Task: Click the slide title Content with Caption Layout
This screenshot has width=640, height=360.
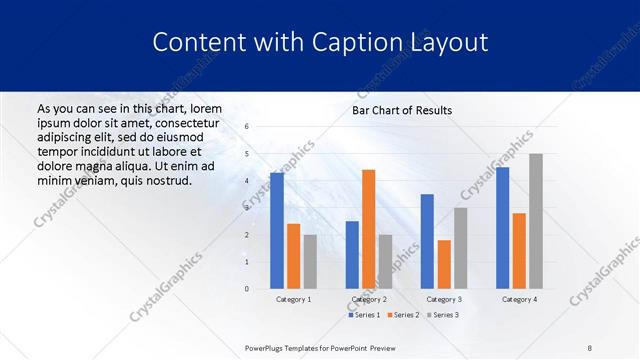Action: click(x=320, y=43)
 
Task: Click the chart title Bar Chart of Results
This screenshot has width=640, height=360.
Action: click(x=402, y=110)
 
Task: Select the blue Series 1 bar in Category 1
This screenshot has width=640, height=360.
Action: click(x=277, y=231)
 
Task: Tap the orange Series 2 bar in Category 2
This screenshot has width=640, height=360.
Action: click(x=368, y=229)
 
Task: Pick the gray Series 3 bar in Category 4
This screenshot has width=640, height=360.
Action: click(x=535, y=221)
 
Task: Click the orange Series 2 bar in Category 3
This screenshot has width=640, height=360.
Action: click(x=444, y=264)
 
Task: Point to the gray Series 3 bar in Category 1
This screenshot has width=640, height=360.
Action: click(x=310, y=261)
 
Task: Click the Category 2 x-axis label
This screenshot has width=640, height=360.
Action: click(x=368, y=299)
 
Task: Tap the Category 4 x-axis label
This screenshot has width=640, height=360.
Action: click(x=519, y=299)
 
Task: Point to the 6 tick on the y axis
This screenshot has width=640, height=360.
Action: click(x=247, y=127)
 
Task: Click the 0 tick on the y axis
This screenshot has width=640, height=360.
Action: click(x=247, y=289)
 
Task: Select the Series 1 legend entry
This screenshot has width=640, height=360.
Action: click(x=364, y=315)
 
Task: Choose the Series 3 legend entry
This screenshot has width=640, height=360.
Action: click(x=443, y=315)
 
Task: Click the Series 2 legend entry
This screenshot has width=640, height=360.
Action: click(x=403, y=315)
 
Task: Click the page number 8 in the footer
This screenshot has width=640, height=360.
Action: click(x=589, y=346)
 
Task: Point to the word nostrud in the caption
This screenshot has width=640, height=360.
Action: click(x=166, y=180)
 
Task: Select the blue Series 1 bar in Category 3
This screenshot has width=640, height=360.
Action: click(x=427, y=241)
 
